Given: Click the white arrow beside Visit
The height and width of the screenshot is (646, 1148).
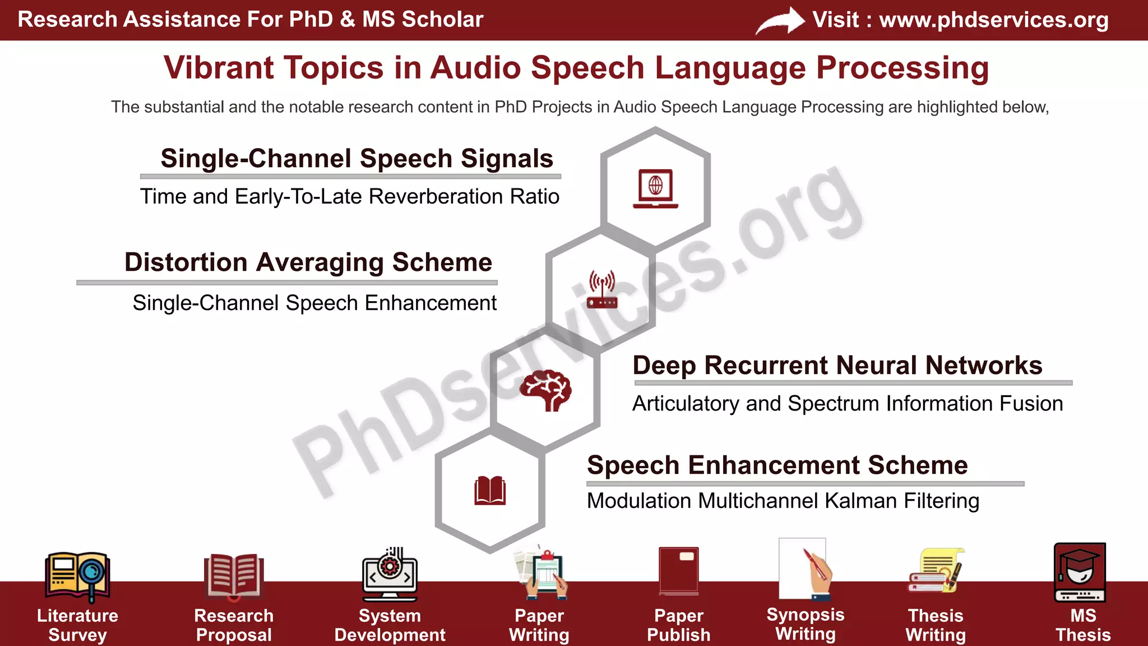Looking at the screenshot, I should tap(780, 21).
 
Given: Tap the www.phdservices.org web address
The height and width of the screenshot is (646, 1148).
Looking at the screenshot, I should tap(993, 20).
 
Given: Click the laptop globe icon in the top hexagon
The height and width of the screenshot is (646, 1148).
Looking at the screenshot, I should tap(655, 188).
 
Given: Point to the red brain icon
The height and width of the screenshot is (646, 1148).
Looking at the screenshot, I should tap(545, 390).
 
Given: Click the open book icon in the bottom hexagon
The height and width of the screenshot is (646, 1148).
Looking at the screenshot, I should tap(490, 491).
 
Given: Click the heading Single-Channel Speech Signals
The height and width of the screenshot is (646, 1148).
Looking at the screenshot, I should tap(357, 159).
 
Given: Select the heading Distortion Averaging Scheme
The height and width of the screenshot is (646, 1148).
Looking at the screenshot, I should tap(308, 262).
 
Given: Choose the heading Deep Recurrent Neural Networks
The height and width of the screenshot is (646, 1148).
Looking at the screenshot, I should tap(837, 366).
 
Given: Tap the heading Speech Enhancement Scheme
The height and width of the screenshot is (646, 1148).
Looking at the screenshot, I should tap(777, 465).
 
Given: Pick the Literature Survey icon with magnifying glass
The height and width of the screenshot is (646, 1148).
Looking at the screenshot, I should tap(77, 576).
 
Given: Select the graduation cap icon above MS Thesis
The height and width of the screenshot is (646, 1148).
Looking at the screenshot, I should tap(1080, 571).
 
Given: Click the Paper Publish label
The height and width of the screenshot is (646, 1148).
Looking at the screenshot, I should tap(678, 625).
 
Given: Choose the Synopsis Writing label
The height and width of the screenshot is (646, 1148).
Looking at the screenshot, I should tap(805, 624).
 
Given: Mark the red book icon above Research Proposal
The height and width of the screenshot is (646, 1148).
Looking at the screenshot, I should tap(233, 576).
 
